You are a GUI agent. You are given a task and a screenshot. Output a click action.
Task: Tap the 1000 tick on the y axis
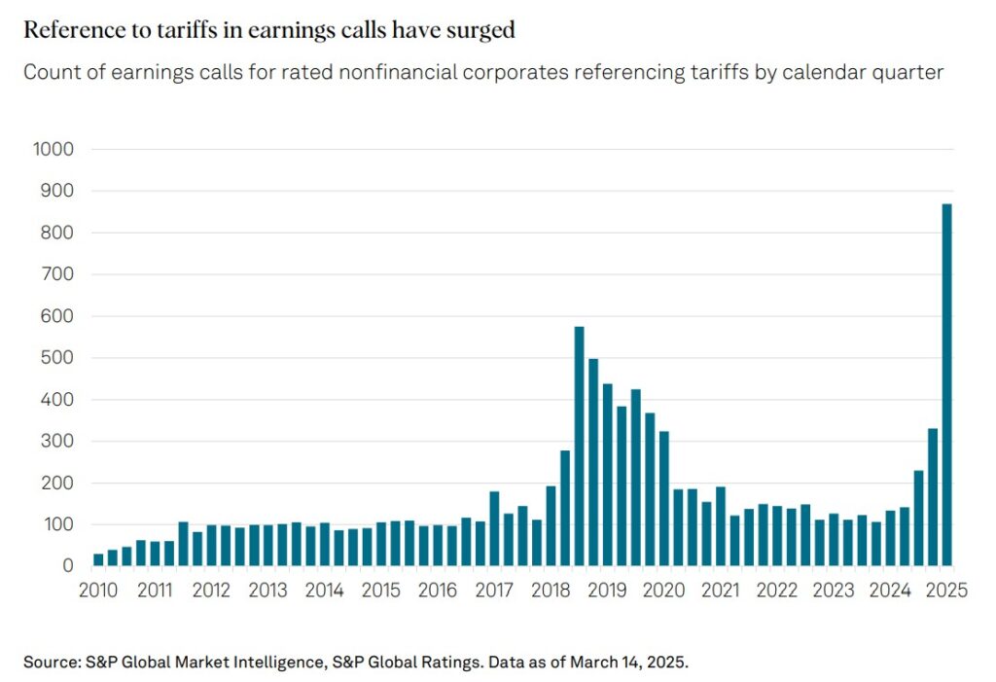pyautogui.click(x=54, y=150)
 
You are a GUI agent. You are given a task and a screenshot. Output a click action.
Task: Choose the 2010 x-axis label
pyautogui.click(x=98, y=591)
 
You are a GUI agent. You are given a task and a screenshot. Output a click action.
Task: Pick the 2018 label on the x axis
pyautogui.click(x=551, y=591)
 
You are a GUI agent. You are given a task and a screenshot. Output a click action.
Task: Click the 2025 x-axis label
pyautogui.click(x=946, y=591)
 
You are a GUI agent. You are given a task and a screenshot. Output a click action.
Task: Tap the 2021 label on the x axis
pyautogui.click(x=721, y=591)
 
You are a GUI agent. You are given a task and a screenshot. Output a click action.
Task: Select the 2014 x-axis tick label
pyautogui.click(x=324, y=591)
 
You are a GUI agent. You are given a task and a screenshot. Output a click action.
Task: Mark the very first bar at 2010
pyautogui.click(x=98, y=559)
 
